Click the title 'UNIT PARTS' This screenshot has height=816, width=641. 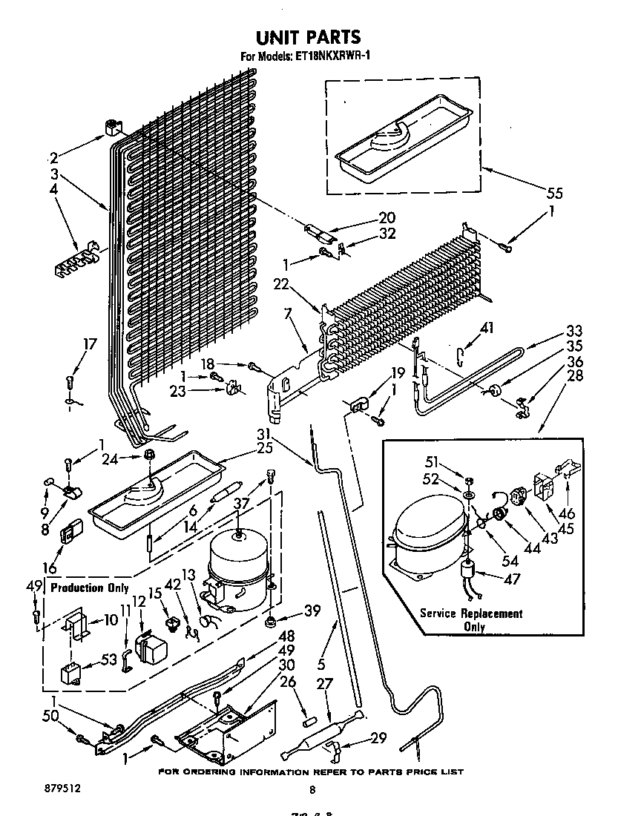[x=308, y=37]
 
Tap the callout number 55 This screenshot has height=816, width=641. [x=553, y=194]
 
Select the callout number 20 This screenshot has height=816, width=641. [x=387, y=217]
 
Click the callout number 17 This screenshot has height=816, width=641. [x=90, y=344]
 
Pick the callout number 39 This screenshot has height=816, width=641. [x=312, y=610]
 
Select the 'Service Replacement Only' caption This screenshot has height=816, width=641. [x=471, y=619]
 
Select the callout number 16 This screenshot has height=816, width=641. [x=50, y=568]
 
